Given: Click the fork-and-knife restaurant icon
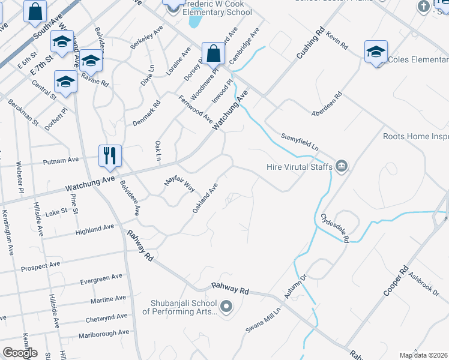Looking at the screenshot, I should click(110, 155).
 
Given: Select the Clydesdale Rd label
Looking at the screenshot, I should click(334, 227).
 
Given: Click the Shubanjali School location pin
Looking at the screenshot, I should click(226, 307).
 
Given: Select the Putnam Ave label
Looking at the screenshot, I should click(61, 160).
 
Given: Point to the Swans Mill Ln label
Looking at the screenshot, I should click(263, 322).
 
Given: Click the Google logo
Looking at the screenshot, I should click(20, 353).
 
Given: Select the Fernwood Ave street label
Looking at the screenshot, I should click(196, 109).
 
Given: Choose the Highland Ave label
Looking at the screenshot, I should click(94, 229).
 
